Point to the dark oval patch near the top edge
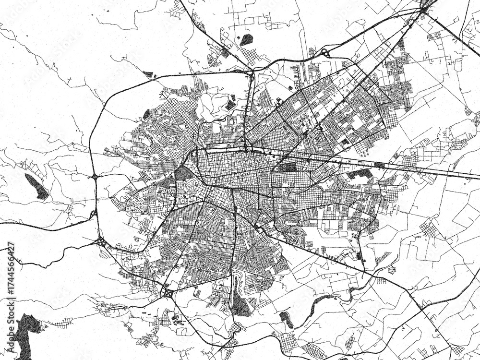[246, 40]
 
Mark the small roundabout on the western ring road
[96, 177]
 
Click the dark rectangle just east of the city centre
[288, 167]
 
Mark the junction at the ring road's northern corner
[251, 73]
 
